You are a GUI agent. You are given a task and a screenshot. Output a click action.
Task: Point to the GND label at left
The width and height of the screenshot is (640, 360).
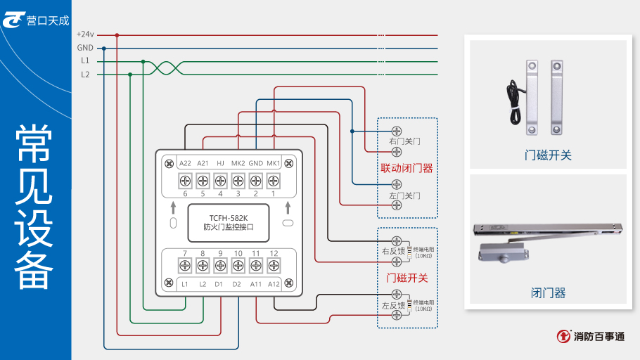tap(84, 48)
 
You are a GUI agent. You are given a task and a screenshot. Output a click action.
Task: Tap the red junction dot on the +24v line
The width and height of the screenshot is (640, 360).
tap(117, 34)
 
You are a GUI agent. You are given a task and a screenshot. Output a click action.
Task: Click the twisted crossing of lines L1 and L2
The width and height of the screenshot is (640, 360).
tap(168, 67)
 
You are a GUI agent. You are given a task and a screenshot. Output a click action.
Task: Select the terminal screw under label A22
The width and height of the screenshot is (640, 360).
tap(185, 181)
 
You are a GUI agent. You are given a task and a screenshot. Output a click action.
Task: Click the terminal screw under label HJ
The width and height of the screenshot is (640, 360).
tap(220, 181)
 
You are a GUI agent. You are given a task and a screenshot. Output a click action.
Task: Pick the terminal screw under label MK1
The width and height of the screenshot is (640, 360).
tap(274, 181)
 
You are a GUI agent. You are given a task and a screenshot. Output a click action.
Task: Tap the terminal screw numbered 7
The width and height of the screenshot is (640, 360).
tap(185, 266)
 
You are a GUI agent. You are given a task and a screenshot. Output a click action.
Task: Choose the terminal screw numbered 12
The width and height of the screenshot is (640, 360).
tap(274, 266)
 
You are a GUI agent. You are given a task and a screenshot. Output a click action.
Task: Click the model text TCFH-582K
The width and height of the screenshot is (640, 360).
tap(229, 217)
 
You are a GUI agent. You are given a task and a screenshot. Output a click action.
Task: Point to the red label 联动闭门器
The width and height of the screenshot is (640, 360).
tap(407, 169)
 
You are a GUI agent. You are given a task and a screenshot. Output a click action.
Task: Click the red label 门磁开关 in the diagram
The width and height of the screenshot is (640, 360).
tap(407, 278)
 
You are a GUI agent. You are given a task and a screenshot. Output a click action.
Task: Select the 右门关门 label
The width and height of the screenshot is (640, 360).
tap(404, 141)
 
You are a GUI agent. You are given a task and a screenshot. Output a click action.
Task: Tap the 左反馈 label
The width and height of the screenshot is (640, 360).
tap(393, 306)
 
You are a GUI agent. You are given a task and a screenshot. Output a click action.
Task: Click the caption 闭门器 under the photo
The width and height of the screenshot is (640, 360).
tap(548, 293)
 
